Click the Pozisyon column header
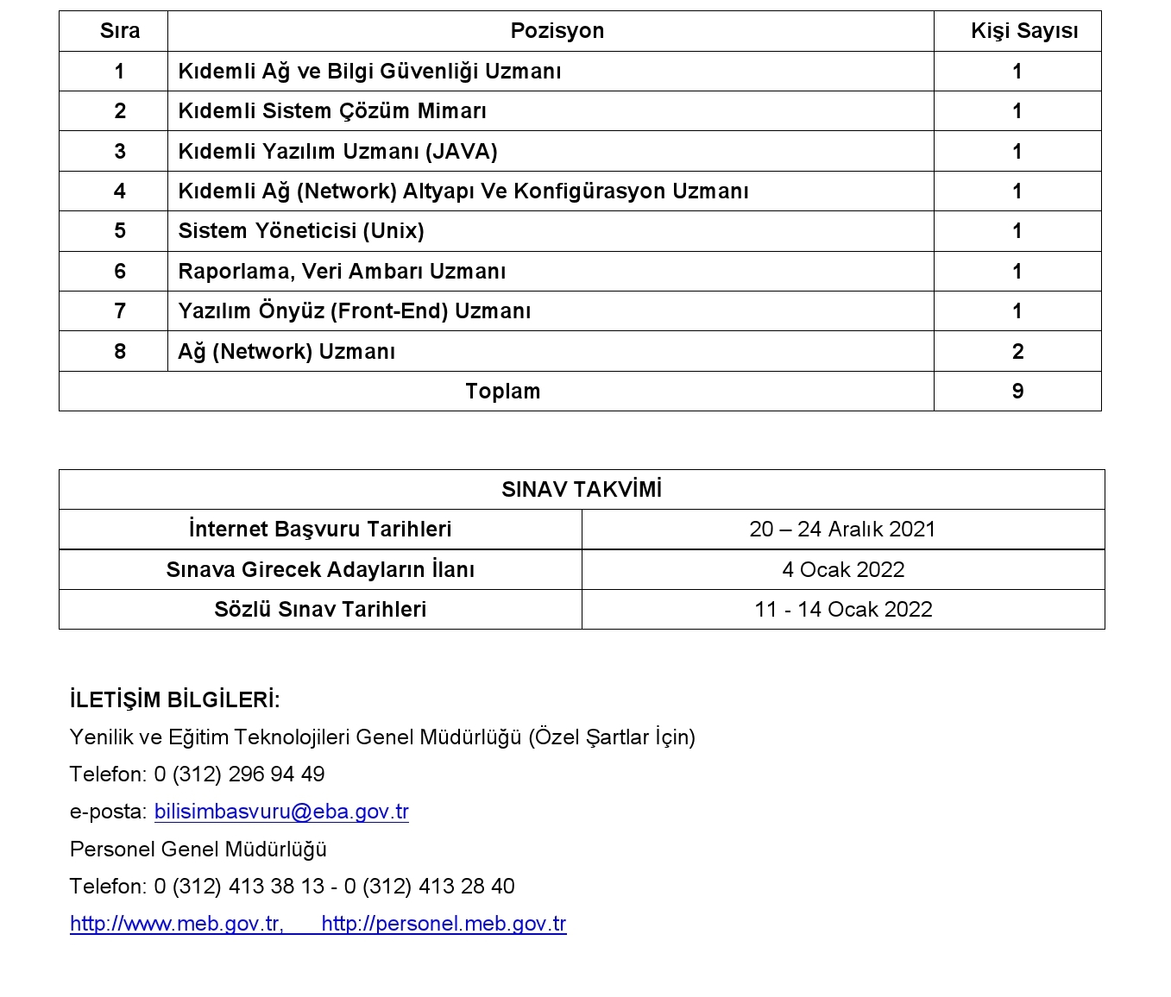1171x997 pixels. point(557,31)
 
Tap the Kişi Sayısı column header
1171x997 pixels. point(1023,31)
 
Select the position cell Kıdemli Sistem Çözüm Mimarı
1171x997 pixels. point(332,111)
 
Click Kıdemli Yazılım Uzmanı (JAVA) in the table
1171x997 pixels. point(337,152)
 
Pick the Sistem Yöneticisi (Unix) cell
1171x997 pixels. point(301,231)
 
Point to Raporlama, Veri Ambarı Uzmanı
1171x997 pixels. point(342,272)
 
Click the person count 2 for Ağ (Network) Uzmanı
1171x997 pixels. point(1017,352)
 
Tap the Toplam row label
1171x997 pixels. point(502,392)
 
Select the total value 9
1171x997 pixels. point(1017,392)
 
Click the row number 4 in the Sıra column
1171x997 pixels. point(120,191)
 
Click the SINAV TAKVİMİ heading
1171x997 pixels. point(582,490)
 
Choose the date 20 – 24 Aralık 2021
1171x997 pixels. point(842,530)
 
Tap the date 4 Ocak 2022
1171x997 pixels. point(843,570)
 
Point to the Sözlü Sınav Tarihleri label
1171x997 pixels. point(320,610)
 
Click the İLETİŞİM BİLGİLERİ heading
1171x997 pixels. point(175,699)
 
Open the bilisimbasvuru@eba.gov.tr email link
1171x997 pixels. point(281,812)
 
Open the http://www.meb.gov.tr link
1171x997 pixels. point(176,924)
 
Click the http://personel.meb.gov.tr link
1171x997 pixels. point(444,924)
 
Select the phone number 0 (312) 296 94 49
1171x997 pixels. point(239,774)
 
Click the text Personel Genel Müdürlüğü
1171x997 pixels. point(198,850)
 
